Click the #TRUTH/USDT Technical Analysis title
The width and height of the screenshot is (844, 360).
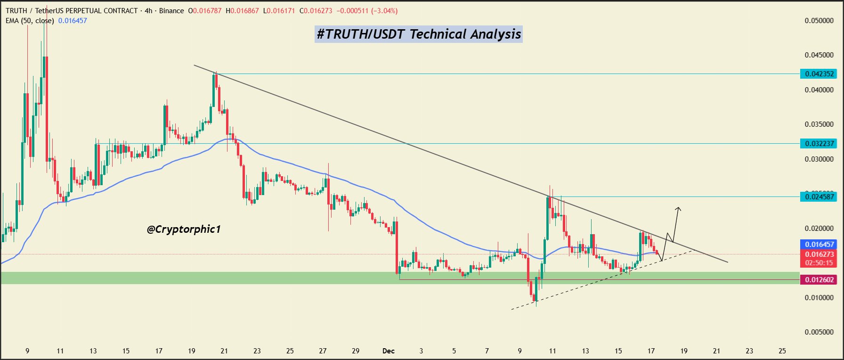pyautogui.click(x=419, y=34)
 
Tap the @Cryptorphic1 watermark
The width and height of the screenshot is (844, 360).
pyautogui.click(x=184, y=229)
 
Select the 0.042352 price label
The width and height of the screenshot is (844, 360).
pyautogui.click(x=819, y=74)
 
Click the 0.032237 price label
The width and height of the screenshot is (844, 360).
pyautogui.click(x=819, y=143)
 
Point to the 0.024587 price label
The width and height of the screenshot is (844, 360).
pyautogui.click(x=819, y=197)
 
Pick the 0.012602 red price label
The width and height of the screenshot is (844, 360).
pyautogui.click(x=819, y=280)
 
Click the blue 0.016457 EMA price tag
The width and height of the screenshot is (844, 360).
pyautogui.click(x=819, y=244)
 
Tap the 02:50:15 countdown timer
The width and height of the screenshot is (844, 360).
pyautogui.click(x=819, y=263)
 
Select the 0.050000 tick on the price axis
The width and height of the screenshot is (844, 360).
pyautogui.click(x=819, y=21)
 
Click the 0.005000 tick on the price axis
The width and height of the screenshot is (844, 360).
pyautogui.click(x=819, y=332)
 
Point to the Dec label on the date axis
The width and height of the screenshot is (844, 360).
pyautogui.click(x=389, y=351)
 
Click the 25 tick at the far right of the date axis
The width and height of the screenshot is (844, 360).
pyautogui.click(x=782, y=351)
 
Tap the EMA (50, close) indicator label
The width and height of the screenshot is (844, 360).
pyautogui.click(x=30, y=21)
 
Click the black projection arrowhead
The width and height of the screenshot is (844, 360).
pyautogui.click(x=678, y=209)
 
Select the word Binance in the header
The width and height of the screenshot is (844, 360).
pyautogui.click(x=171, y=11)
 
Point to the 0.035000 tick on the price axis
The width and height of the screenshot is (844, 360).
pyautogui.click(x=819, y=124)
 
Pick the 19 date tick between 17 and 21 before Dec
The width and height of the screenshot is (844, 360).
pyautogui.click(x=192, y=351)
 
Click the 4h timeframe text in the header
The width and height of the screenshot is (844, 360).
pyautogui.click(x=149, y=11)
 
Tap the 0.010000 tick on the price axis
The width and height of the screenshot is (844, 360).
pyautogui.click(x=819, y=297)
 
